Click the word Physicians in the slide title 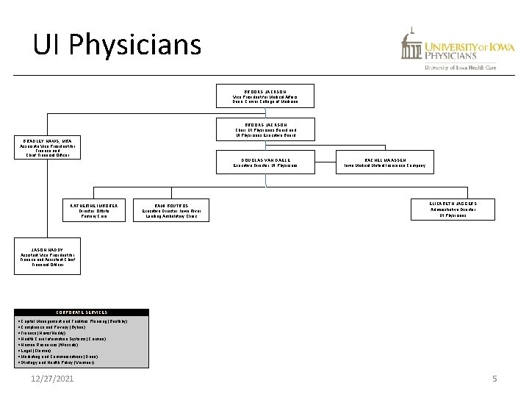tap(137, 45)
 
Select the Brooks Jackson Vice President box tap(265, 96)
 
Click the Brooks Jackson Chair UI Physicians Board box tap(265, 130)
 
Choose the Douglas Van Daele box tap(265, 162)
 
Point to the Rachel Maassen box tap(380, 162)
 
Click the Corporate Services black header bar tap(82, 312)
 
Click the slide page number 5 tap(494, 378)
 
